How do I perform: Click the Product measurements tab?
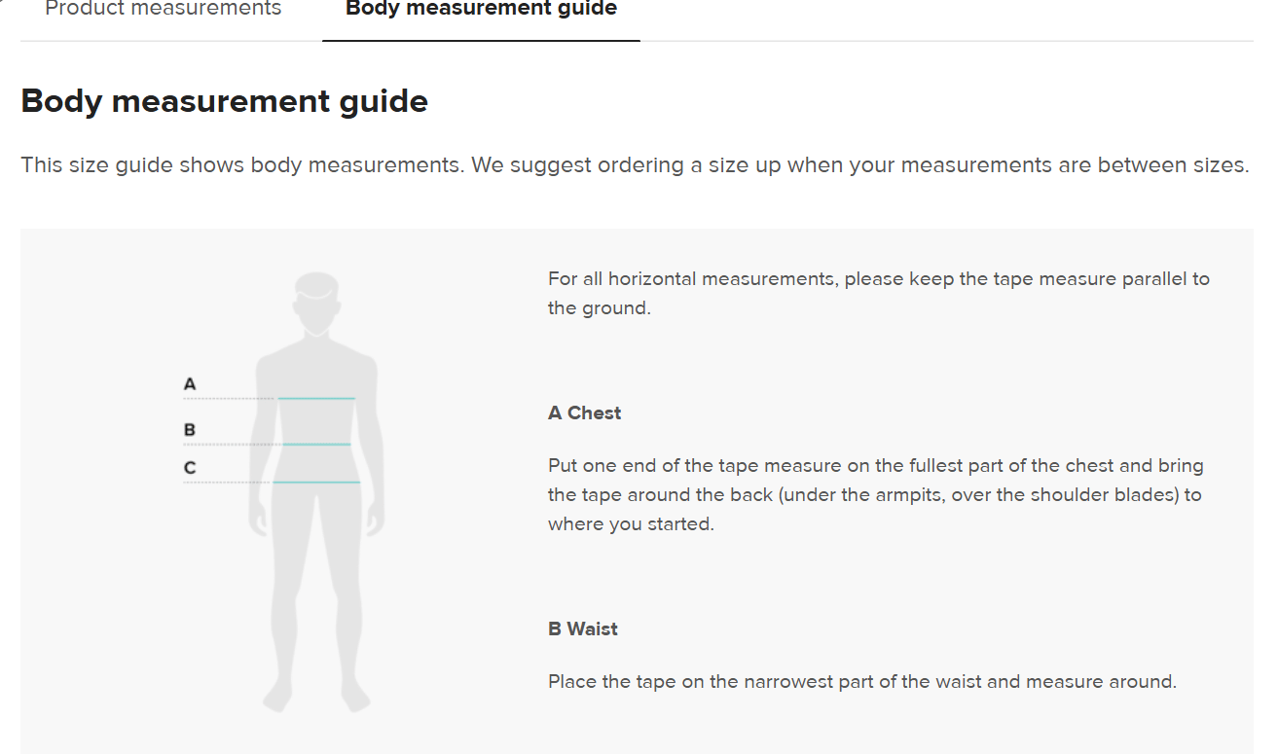coord(164,8)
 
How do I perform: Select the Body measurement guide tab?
coord(481,8)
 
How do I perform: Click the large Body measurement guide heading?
coord(224,102)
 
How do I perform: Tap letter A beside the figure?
coord(190,384)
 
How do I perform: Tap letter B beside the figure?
coord(190,429)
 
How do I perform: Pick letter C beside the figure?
coord(190,468)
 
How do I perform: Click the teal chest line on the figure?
coord(316,398)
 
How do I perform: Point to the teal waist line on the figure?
coord(316,444)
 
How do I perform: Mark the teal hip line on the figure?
coord(316,482)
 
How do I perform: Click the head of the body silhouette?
coord(316,303)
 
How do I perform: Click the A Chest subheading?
coord(584,413)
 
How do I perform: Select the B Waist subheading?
coord(582,629)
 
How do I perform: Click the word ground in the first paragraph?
coord(613,309)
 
